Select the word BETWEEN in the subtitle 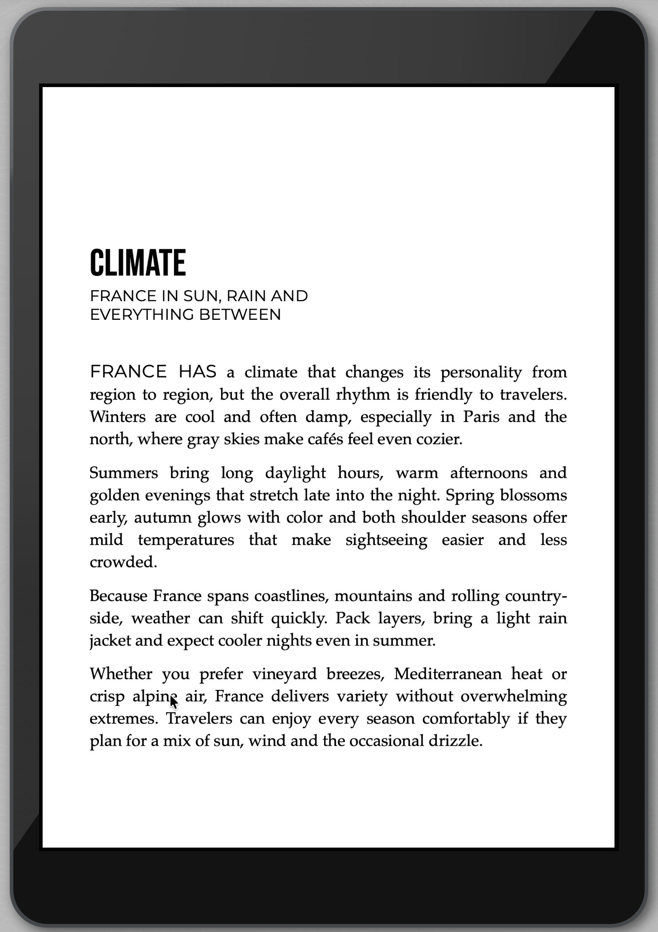click(x=240, y=315)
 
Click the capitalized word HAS click(x=197, y=371)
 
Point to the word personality click(x=481, y=372)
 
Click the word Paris click(x=481, y=417)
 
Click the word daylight click(x=295, y=473)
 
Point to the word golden click(x=115, y=495)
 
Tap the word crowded click(x=123, y=562)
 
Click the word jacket click(x=111, y=641)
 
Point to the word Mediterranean click(x=448, y=674)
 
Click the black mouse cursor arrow click(x=173, y=702)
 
